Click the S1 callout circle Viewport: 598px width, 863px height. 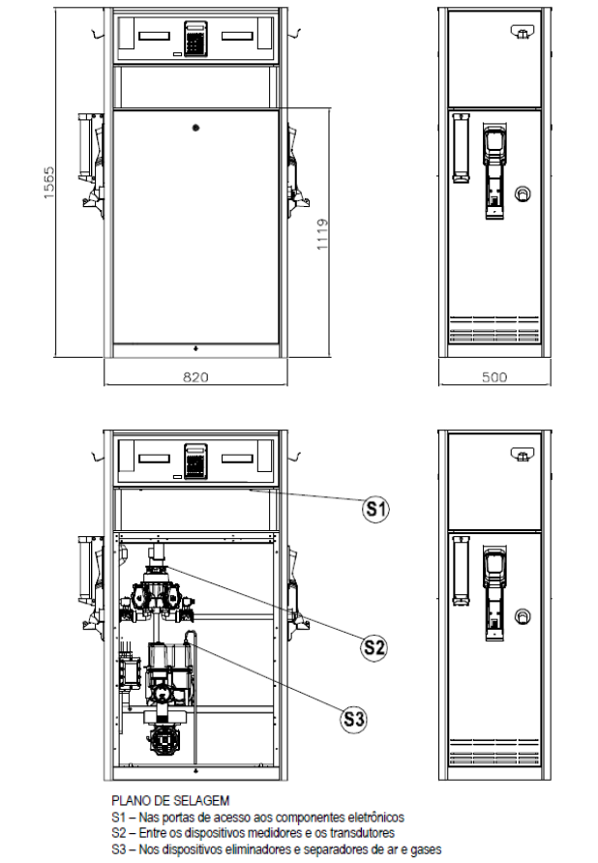[x=375, y=509]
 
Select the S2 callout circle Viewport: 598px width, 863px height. [x=374, y=646]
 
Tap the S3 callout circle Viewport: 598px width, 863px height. [x=353, y=718]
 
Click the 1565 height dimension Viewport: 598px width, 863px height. [x=49, y=182]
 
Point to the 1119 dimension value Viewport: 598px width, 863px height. [x=322, y=234]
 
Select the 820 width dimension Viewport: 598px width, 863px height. [x=195, y=377]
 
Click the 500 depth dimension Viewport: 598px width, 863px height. [x=494, y=377]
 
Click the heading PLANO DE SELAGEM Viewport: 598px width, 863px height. [x=170, y=800]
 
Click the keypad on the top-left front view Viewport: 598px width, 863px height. [x=195, y=39]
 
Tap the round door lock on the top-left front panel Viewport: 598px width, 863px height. [x=195, y=128]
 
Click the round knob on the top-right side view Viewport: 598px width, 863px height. [x=522, y=193]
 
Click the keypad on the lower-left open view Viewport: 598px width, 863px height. [x=195, y=461]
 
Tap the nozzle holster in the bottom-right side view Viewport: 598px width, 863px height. [x=493, y=593]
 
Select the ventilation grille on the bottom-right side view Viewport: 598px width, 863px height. [x=493, y=752]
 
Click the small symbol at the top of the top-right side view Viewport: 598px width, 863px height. [x=522, y=33]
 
